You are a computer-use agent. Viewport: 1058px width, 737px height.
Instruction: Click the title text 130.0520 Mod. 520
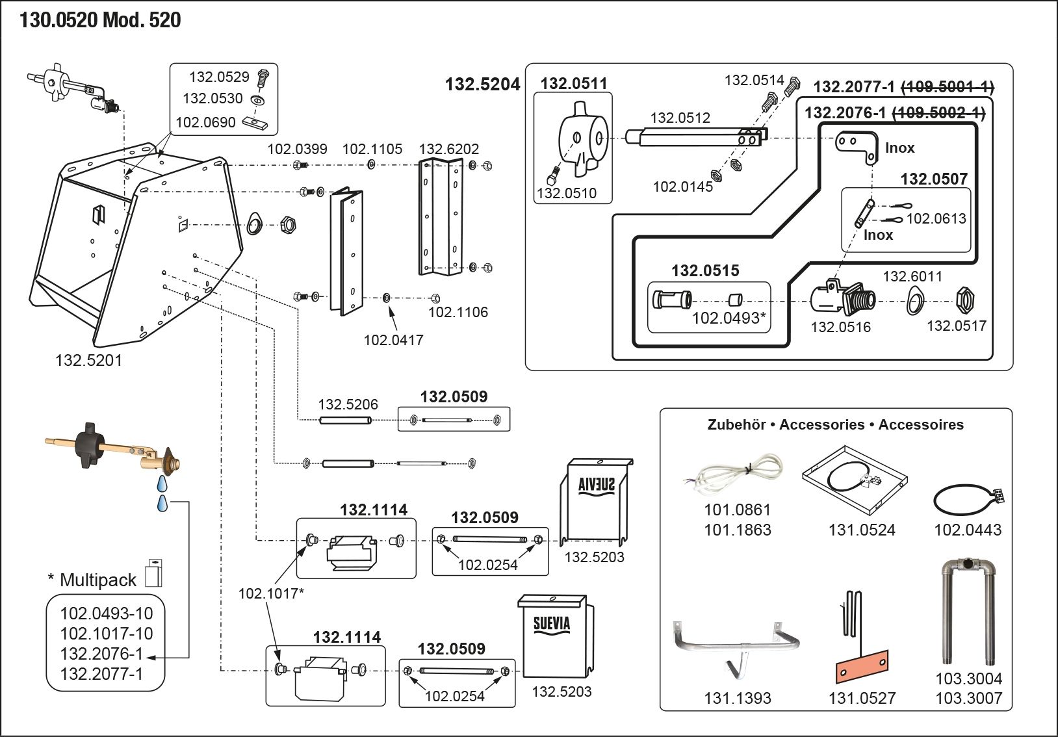(100, 20)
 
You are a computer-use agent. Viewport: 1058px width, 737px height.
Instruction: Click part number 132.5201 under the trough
(88, 360)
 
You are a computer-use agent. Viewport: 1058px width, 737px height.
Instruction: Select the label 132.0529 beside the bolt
(219, 77)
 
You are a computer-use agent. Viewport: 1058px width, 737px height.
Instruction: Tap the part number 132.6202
(448, 149)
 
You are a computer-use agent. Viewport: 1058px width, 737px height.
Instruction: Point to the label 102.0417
(393, 339)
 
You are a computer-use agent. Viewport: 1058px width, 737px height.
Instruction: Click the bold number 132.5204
(482, 84)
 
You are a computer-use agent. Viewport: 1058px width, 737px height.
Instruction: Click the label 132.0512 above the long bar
(680, 118)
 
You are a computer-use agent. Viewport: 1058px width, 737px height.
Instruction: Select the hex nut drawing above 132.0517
(963, 300)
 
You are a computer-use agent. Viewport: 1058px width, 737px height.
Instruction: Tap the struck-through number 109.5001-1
(948, 87)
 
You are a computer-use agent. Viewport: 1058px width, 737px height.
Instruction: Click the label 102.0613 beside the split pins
(936, 218)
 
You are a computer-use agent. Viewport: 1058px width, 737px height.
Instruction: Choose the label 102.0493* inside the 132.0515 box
(729, 318)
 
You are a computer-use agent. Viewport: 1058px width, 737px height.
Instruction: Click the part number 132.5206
(348, 404)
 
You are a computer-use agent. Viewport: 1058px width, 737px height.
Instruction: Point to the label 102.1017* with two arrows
(270, 593)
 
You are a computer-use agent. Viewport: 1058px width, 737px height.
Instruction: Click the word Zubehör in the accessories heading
(736, 424)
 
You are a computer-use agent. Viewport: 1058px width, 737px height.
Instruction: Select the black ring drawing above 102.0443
(964, 500)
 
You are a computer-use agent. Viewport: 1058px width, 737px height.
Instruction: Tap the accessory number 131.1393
(737, 698)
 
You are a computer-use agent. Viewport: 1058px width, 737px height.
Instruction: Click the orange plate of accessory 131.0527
(862, 666)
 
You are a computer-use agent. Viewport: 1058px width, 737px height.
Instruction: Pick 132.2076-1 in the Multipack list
(101, 654)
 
